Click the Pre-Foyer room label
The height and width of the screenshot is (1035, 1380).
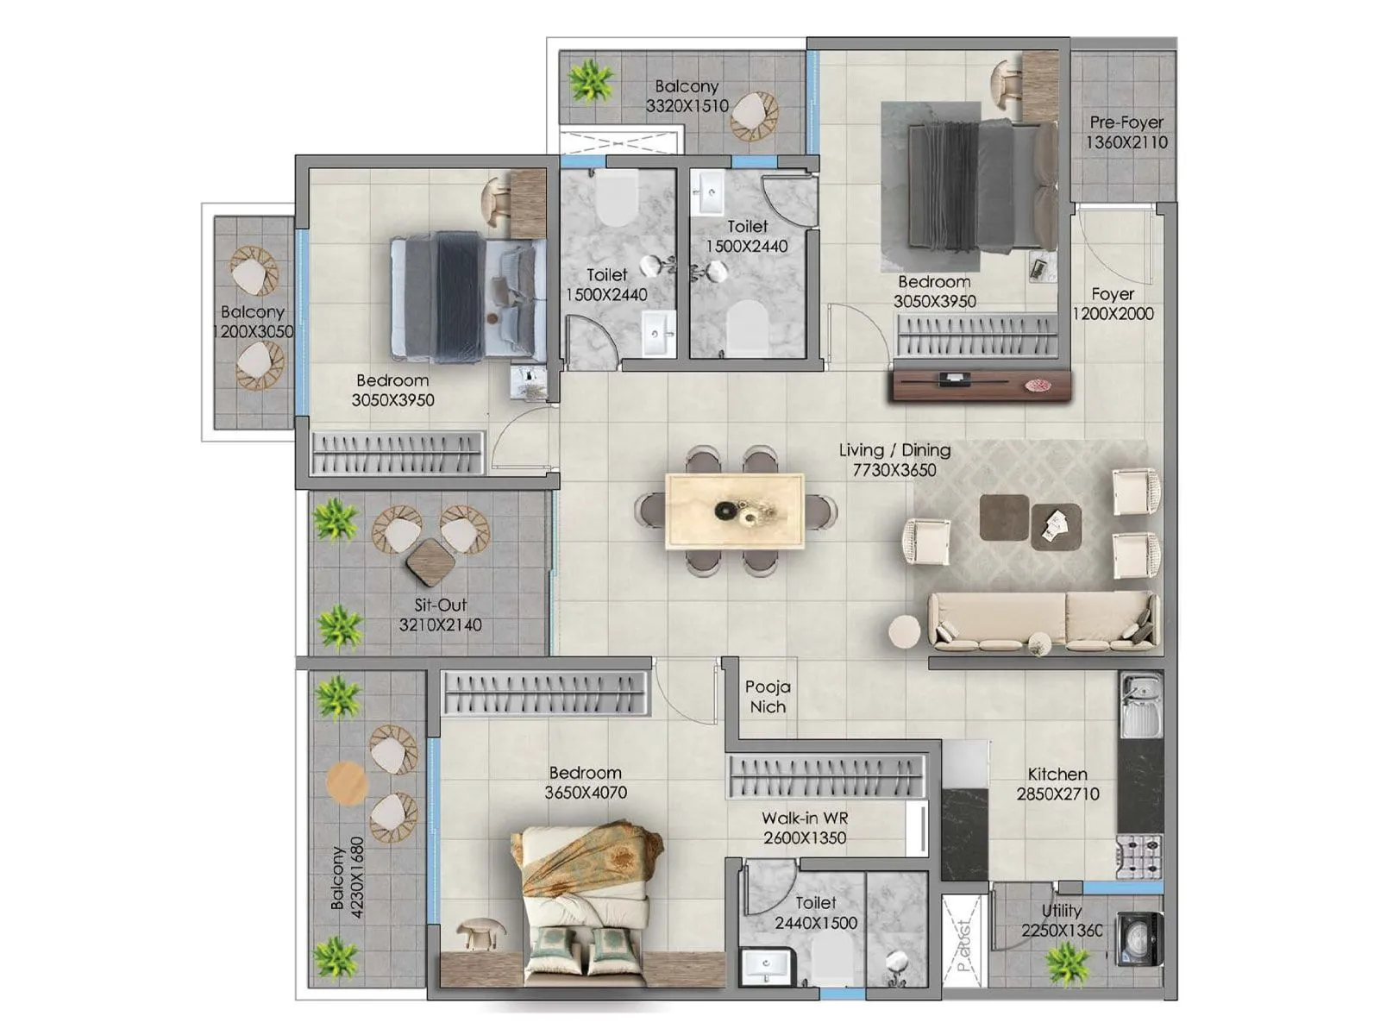pyautogui.click(x=1126, y=122)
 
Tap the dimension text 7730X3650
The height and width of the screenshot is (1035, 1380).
pyautogui.click(x=894, y=470)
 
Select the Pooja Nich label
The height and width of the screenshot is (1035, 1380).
pyautogui.click(x=767, y=697)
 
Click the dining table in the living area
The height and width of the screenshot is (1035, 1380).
pyautogui.click(x=735, y=511)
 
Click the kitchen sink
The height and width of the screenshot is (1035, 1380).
pyautogui.click(x=1140, y=699)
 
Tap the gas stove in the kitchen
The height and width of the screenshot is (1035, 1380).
pyautogui.click(x=1139, y=855)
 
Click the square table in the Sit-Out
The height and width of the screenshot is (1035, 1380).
pyautogui.click(x=430, y=561)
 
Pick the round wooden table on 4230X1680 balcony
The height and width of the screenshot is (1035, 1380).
pyautogui.click(x=348, y=783)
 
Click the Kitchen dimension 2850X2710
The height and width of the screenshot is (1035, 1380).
pyautogui.click(x=1057, y=794)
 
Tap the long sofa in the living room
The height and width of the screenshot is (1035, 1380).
pyautogui.click(x=1042, y=620)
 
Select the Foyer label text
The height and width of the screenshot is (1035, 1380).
pyautogui.click(x=1113, y=294)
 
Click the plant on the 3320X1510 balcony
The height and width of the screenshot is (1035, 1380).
pyautogui.click(x=592, y=82)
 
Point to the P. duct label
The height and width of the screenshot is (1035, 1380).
pyautogui.click(x=963, y=944)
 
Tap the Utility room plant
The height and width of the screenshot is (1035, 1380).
pyautogui.click(x=1067, y=961)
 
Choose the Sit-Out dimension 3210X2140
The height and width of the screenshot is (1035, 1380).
pyautogui.click(x=440, y=625)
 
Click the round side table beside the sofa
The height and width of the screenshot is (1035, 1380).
pyautogui.click(x=905, y=632)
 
